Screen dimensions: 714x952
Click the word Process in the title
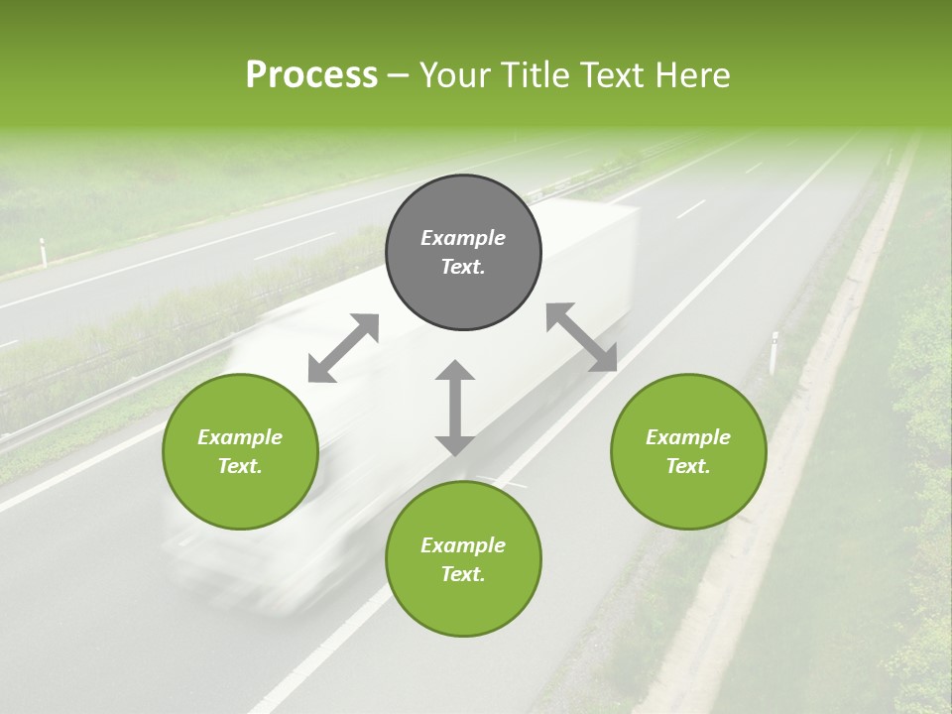311,75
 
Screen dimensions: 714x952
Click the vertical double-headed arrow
455,408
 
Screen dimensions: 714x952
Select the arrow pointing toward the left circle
343,348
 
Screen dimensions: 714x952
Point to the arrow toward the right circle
582,337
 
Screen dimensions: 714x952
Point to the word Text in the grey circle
462,267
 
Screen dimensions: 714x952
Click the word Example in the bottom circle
463,544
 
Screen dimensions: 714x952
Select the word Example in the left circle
240,436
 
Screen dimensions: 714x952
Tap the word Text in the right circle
688,466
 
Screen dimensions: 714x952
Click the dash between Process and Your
398,75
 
